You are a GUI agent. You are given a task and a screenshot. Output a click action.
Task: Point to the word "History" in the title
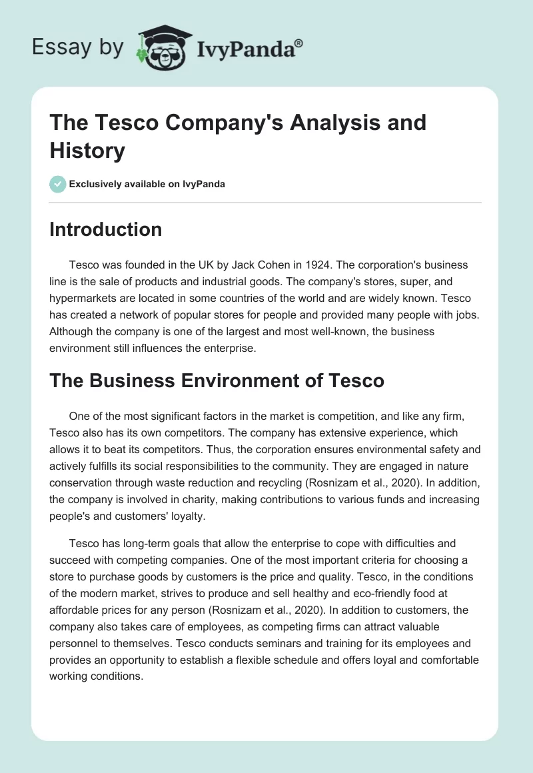[x=87, y=151]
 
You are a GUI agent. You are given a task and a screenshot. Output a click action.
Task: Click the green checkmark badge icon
[x=57, y=184]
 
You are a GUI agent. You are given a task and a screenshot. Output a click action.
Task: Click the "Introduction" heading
[x=106, y=229]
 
